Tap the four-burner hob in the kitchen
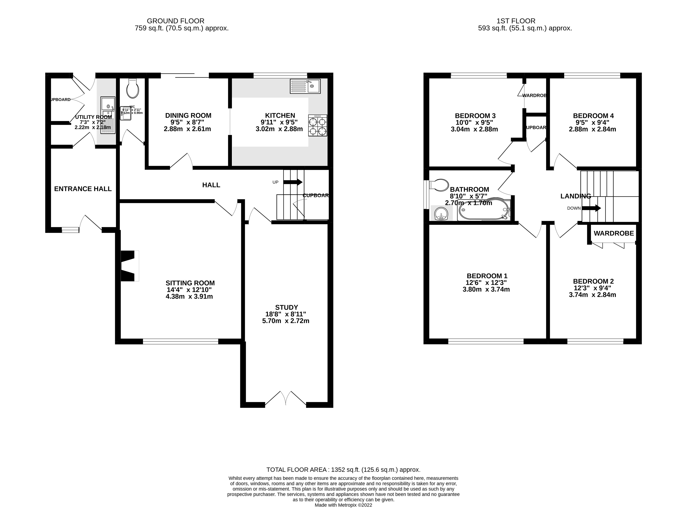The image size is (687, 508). (318, 126)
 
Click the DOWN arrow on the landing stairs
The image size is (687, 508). (591, 208)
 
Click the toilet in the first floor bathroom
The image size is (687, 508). (439, 185)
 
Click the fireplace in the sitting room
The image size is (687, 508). (128, 266)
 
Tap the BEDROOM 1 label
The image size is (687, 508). (487, 276)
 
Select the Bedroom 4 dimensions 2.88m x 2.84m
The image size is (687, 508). (592, 129)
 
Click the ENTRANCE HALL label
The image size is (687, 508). (83, 189)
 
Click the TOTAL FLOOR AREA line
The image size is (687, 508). (343, 470)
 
